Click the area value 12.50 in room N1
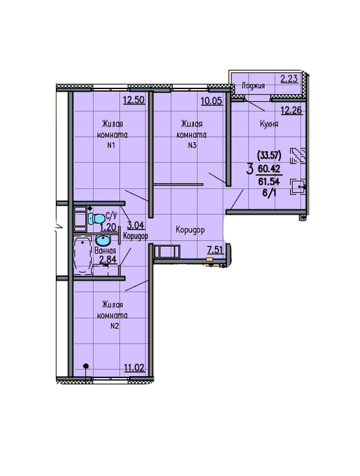click(134, 99)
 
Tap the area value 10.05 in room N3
click(212, 101)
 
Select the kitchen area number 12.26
click(291, 110)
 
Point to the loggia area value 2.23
click(289, 79)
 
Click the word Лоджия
click(253, 86)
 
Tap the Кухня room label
click(269, 124)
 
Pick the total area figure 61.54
click(269, 182)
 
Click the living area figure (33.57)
click(269, 156)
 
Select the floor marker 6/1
click(269, 192)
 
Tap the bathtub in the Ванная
click(82, 255)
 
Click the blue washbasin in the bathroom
click(103, 240)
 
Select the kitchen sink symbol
click(297, 187)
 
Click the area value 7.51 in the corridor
click(215, 250)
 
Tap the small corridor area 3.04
click(136, 225)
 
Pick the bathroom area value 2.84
click(108, 260)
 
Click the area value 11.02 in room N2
click(134, 368)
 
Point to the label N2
click(114, 326)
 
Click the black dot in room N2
click(86, 366)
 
